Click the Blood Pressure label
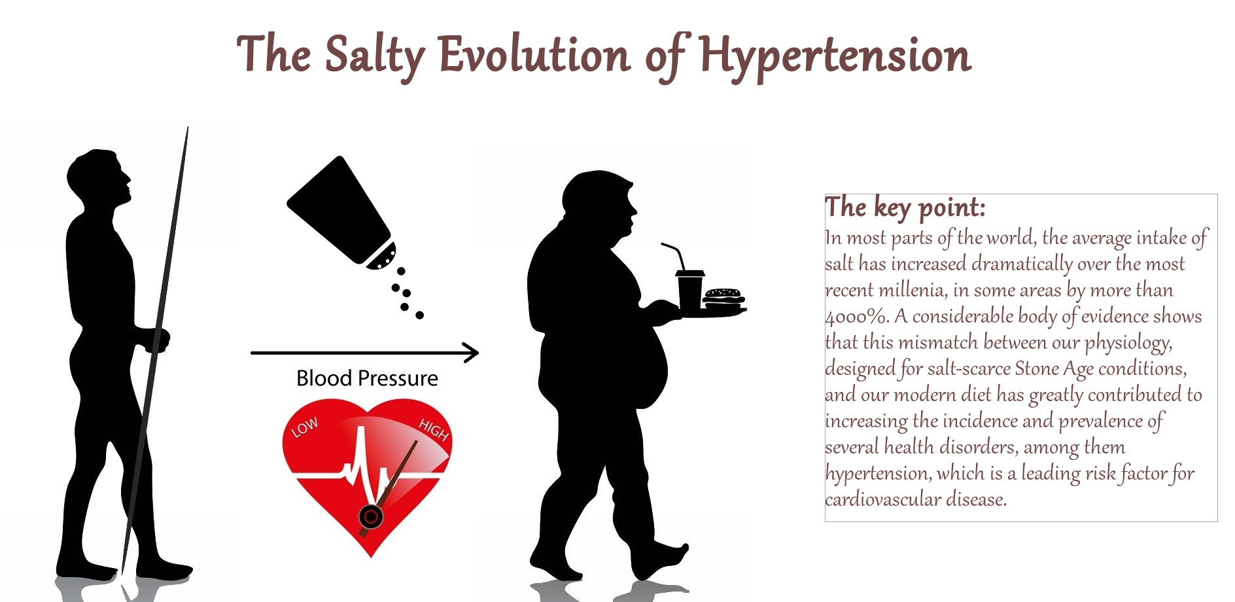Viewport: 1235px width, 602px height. pyautogui.click(x=367, y=378)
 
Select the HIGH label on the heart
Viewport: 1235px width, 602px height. pyautogui.click(x=434, y=430)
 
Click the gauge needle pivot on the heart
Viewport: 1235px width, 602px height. pyautogui.click(x=371, y=517)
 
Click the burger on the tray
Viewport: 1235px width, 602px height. pyautogui.click(x=723, y=298)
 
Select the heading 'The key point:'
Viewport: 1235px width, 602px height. pyautogui.click(x=905, y=207)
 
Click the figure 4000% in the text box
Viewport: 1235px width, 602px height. pyautogui.click(x=856, y=317)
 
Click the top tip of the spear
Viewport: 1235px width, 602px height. pyautogui.click(x=188, y=128)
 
